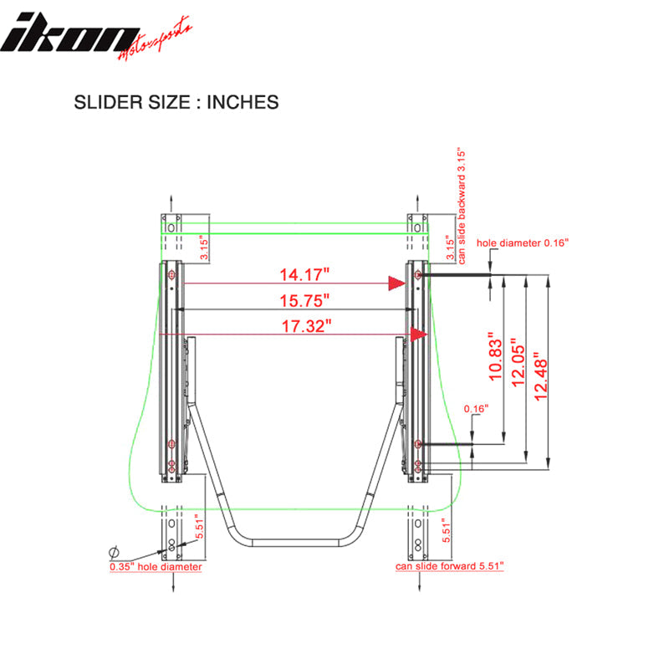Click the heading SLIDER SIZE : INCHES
[x=176, y=103]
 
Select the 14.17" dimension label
[x=304, y=273]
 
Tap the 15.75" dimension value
[x=304, y=299]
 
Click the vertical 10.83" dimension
[x=495, y=360]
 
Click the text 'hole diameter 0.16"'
[x=523, y=243]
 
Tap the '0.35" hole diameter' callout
[x=156, y=566]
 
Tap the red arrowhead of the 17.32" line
[x=417, y=334]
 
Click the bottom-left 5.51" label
[x=197, y=526]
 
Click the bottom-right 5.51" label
[x=447, y=527]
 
